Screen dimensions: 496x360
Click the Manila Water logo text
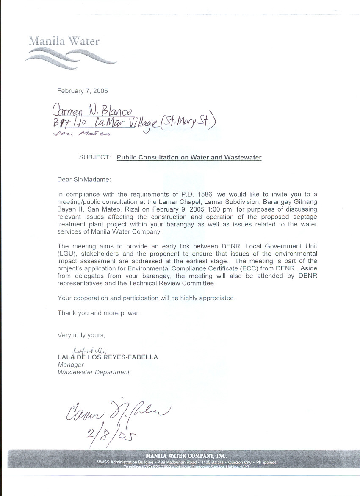64,41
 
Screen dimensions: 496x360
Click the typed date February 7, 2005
83,91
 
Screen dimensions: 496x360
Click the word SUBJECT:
94,157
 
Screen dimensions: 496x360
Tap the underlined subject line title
189,157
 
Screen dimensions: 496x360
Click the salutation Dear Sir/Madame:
84,180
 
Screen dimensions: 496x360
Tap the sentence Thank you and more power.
98,313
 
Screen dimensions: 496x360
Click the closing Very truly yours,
81,335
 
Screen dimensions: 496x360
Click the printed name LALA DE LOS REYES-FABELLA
108,357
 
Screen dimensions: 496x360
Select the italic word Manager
71,365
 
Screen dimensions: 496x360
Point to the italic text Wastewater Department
93,372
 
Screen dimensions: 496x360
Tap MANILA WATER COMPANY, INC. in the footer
186,456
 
